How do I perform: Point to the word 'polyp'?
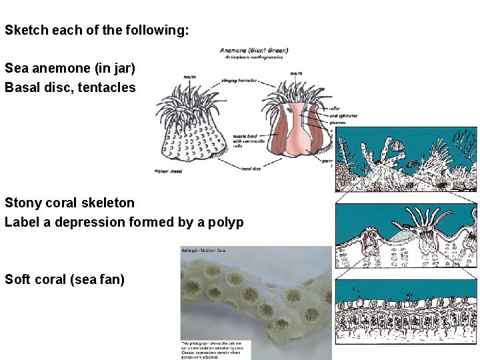coord(227,222)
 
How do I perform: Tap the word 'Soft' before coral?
coord(18,279)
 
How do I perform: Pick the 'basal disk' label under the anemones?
coord(251,169)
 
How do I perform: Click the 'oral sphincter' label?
coord(343,115)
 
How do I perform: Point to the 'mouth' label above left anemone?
coord(189,77)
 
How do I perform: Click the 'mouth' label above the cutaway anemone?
coord(297,73)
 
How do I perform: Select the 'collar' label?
coord(335,108)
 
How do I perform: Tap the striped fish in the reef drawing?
coord(413,163)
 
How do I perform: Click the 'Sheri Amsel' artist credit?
coord(169,171)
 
